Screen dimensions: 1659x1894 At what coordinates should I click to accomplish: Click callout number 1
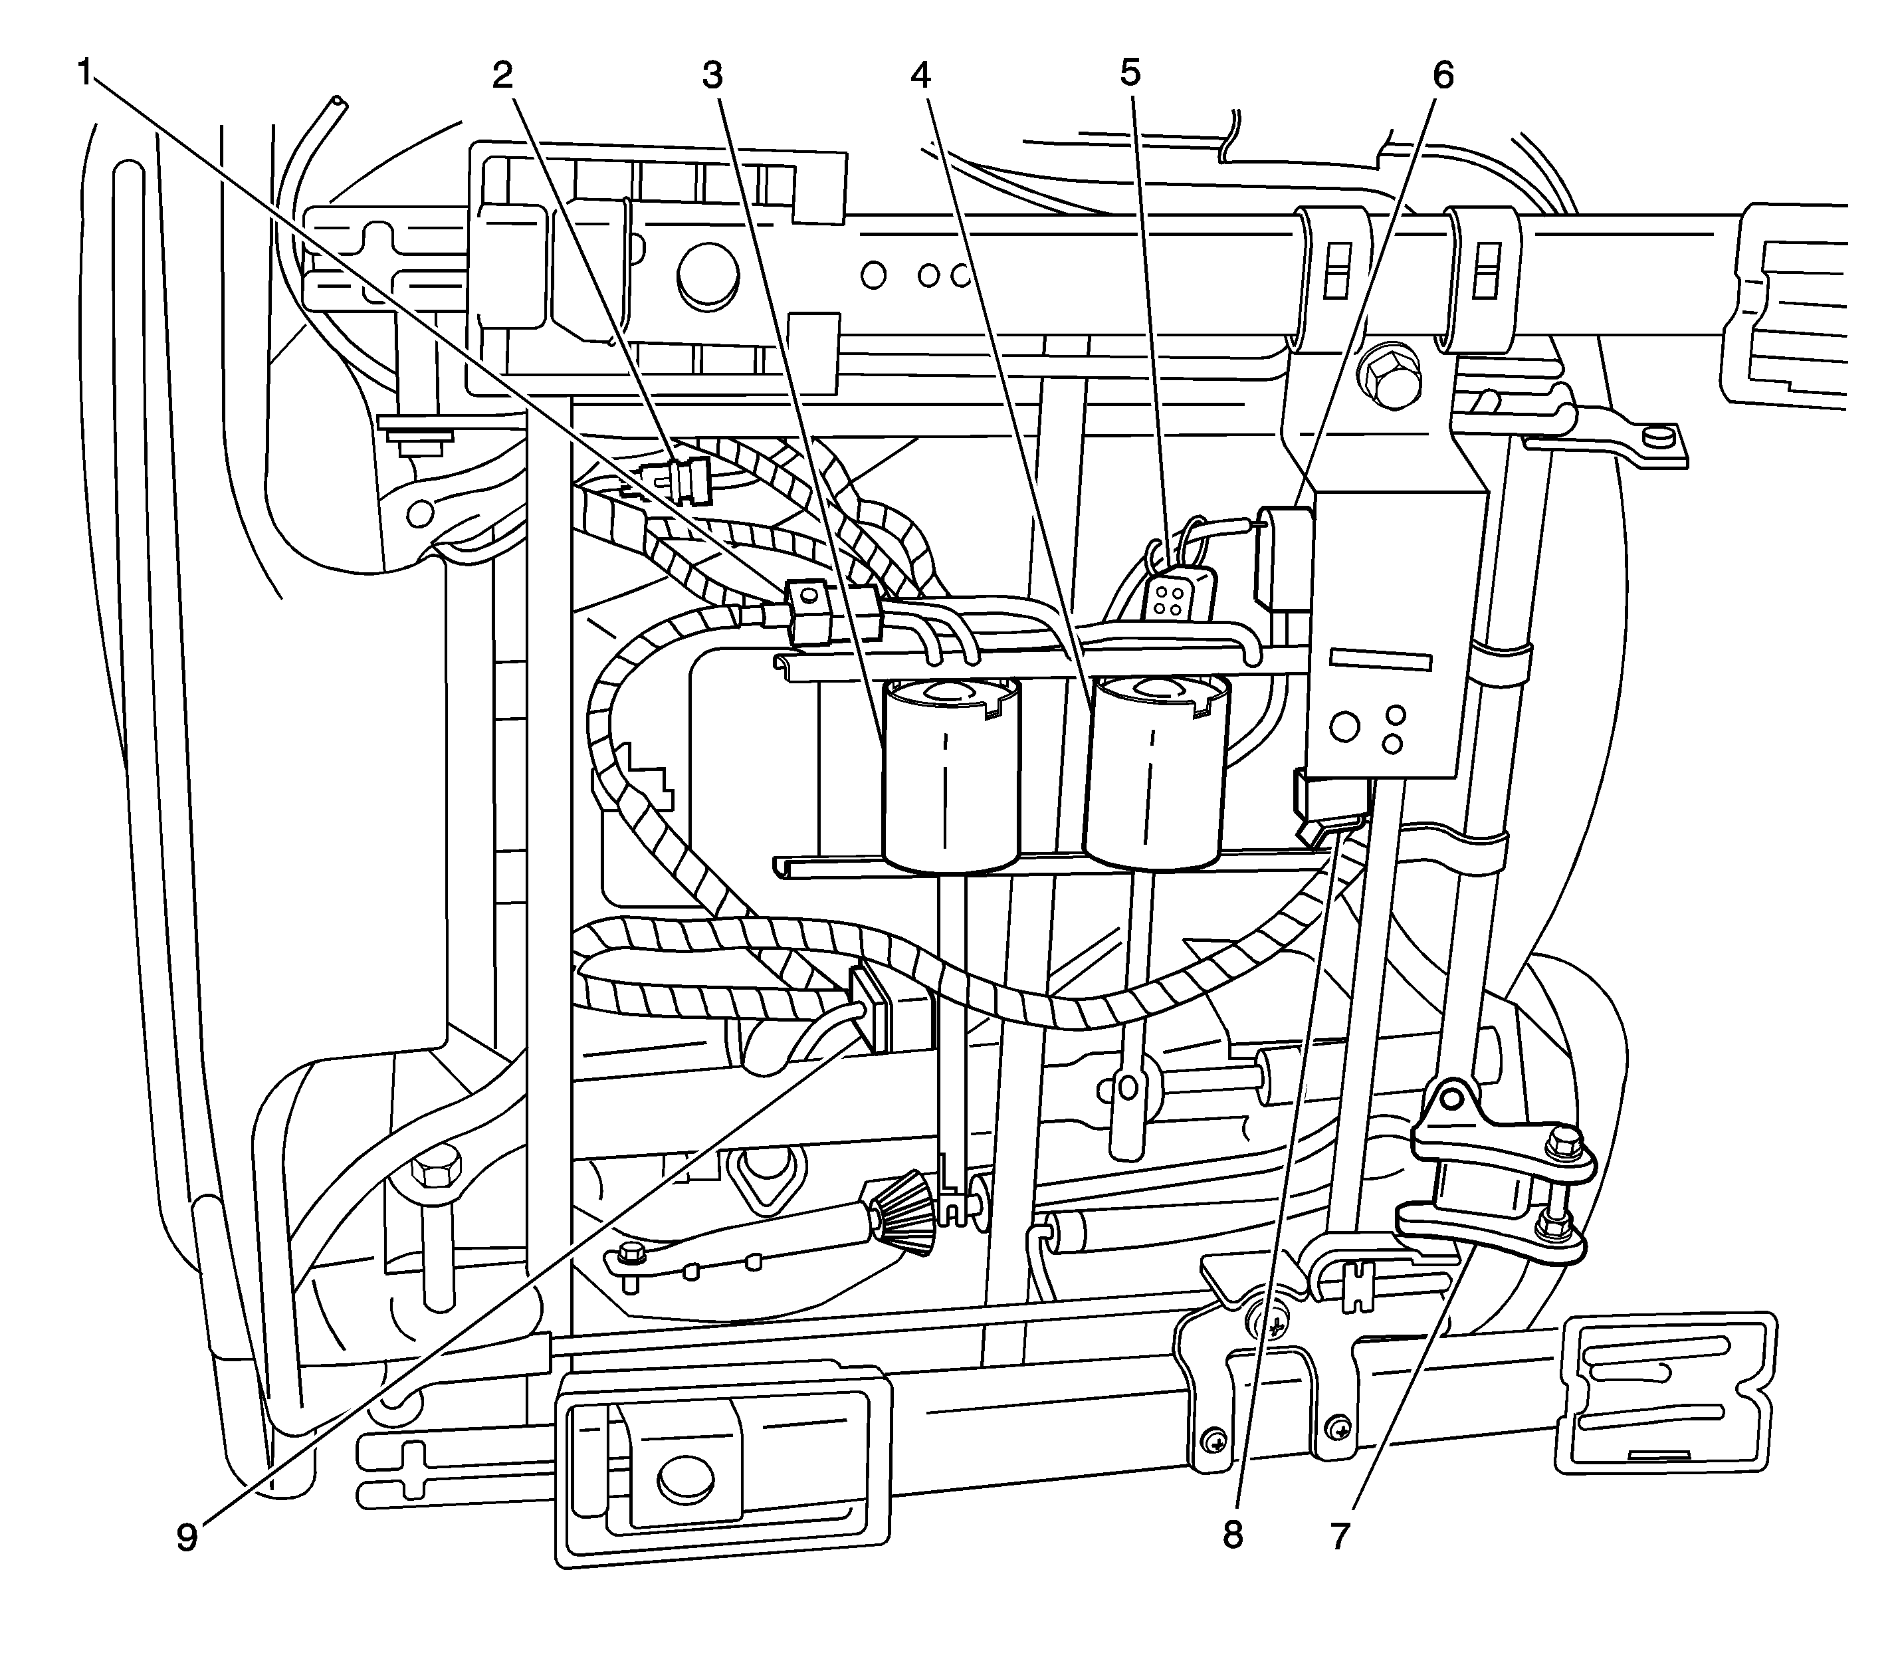pyautogui.click(x=85, y=72)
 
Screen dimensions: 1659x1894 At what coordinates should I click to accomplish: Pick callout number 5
pyautogui.click(x=1130, y=72)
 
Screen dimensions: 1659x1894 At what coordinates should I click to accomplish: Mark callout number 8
pyautogui.click(x=1231, y=1535)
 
